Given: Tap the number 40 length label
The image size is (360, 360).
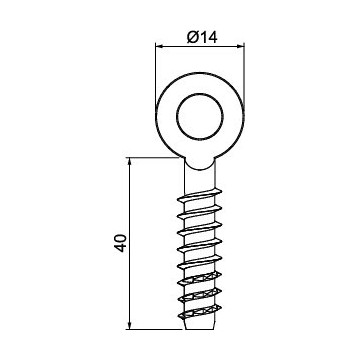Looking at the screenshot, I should [x=119, y=244].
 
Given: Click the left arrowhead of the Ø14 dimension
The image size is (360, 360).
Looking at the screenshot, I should [x=158, y=46].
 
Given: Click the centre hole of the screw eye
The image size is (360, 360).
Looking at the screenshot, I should [x=202, y=119].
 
